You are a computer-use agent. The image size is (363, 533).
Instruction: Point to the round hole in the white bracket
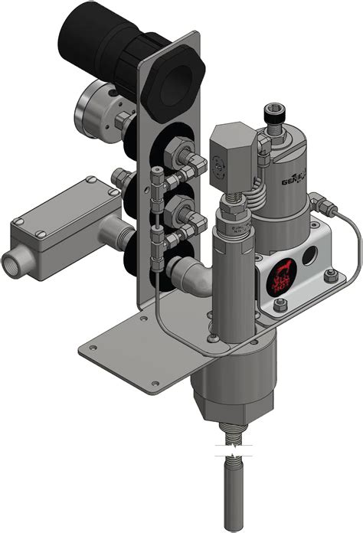[312, 254]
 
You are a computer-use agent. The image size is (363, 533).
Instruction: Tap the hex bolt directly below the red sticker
[279, 306]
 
